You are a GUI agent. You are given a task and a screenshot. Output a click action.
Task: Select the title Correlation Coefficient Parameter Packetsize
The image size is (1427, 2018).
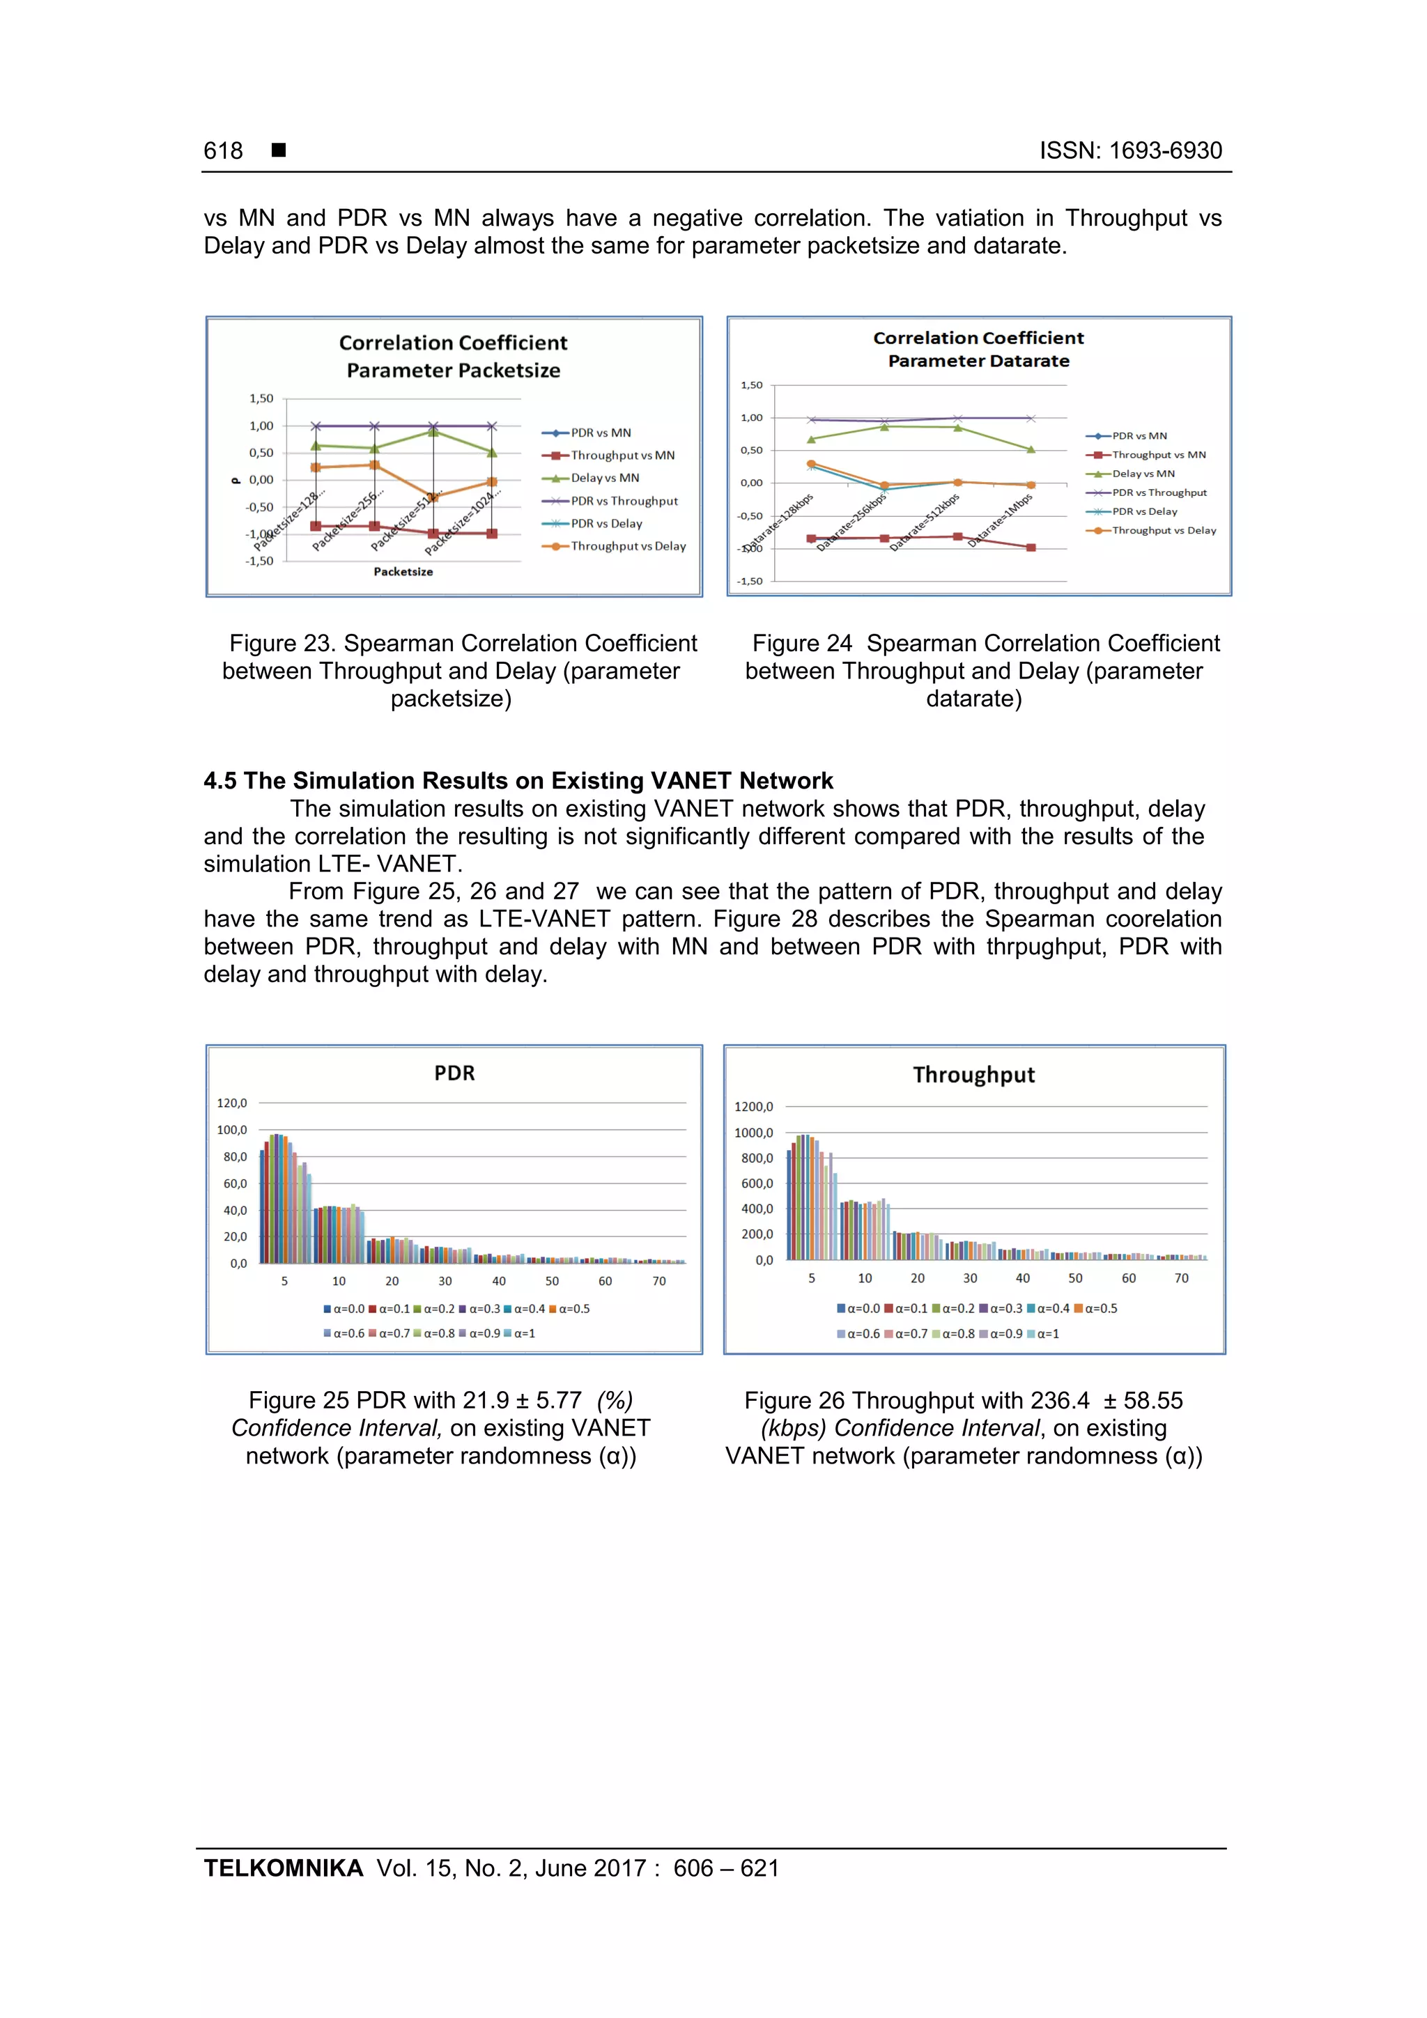click(x=453, y=356)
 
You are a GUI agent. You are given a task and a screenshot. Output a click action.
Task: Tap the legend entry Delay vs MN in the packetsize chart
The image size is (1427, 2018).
click(x=604, y=478)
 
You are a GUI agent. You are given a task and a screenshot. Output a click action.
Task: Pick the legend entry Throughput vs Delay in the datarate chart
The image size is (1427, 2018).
click(x=1163, y=530)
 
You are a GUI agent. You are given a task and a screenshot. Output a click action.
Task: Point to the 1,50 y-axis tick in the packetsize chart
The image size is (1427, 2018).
click(x=261, y=398)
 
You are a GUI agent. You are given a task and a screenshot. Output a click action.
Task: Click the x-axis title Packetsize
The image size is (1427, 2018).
click(x=403, y=571)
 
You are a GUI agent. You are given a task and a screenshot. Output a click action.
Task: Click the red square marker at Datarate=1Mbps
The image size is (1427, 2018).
click(x=1031, y=548)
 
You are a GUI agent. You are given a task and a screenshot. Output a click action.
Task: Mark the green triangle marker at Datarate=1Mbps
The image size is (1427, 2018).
click(x=1031, y=449)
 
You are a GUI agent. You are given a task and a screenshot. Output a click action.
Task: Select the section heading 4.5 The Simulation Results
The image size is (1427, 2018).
click(x=518, y=780)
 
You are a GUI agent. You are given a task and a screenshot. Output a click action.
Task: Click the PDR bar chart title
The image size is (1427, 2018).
click(x=454, y=1073)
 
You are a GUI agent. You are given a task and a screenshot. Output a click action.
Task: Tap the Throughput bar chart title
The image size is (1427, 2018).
click(x=973, y=1075)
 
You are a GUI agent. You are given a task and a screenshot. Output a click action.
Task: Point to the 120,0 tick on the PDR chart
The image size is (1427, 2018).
click(x=232, y=1103)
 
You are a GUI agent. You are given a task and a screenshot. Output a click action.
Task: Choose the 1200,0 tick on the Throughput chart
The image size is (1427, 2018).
click(x=753, y=1107)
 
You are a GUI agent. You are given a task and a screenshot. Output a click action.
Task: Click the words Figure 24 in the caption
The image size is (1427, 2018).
click(x=801, y=644)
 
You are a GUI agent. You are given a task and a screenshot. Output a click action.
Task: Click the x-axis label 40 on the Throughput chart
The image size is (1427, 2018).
click(x=1023, y=1278)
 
